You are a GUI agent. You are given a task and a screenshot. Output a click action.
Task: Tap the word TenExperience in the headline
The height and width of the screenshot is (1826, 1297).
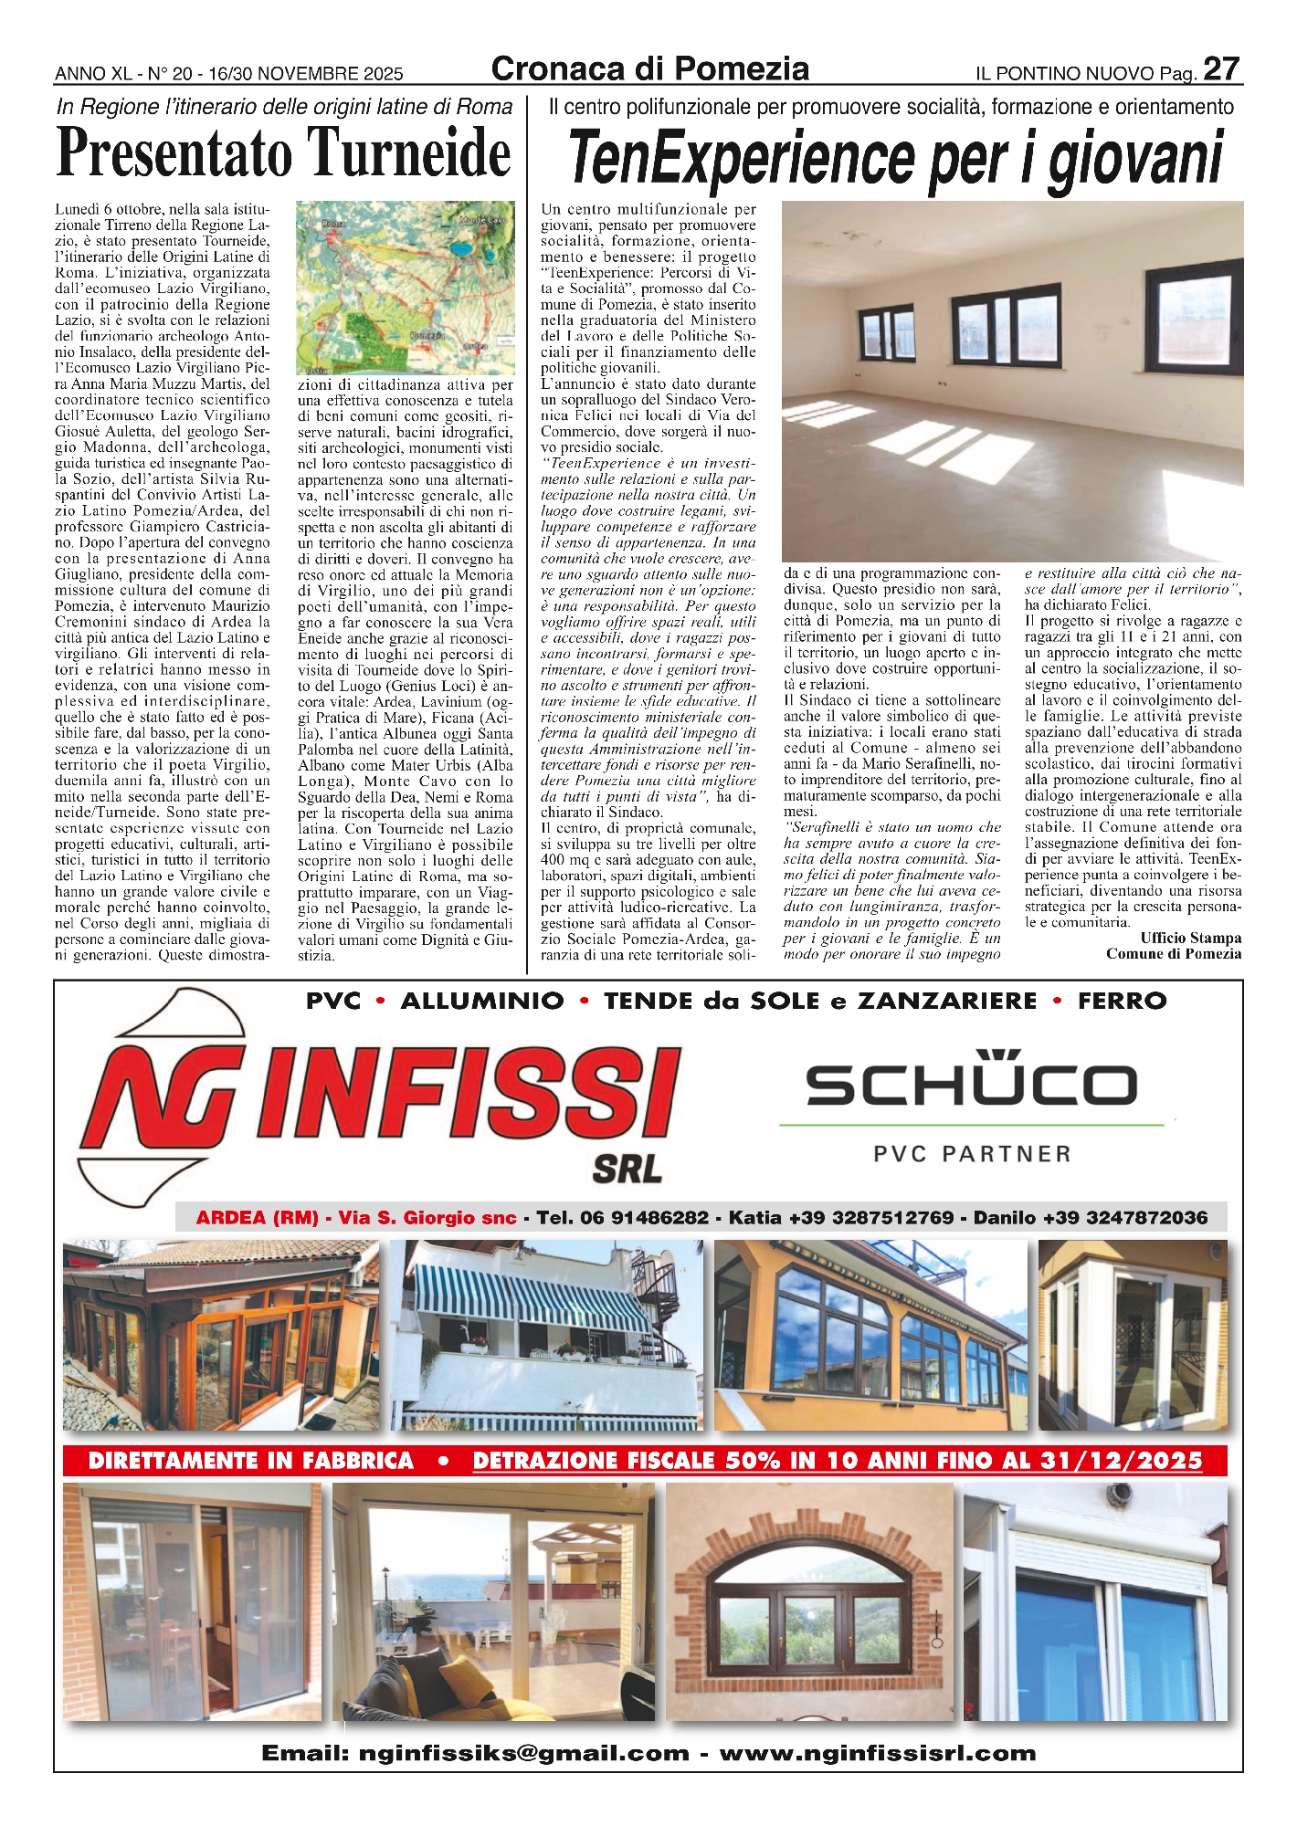[744, 157]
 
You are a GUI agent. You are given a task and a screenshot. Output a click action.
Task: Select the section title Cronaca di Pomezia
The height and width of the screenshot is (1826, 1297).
[649, 69]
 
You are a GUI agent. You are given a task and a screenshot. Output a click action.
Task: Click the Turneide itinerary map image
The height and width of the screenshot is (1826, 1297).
[405, 288]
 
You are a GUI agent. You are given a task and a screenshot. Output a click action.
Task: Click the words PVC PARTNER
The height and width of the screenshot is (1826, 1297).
[972, 1154]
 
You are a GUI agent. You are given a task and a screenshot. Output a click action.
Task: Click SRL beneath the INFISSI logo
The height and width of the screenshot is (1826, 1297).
[627, 1168]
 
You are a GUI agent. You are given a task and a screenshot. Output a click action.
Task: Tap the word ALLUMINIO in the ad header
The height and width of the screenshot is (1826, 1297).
[481, 1001]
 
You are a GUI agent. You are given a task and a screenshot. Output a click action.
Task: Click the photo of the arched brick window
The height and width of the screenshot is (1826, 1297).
[812, 1601]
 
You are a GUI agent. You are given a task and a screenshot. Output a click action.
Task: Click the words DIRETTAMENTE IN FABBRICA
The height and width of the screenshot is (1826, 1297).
[251, 1461]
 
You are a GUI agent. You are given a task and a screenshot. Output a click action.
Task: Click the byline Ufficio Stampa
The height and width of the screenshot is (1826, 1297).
[1190, 938]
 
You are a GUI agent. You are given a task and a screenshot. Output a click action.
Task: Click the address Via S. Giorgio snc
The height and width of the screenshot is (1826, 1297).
[427, 1217]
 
